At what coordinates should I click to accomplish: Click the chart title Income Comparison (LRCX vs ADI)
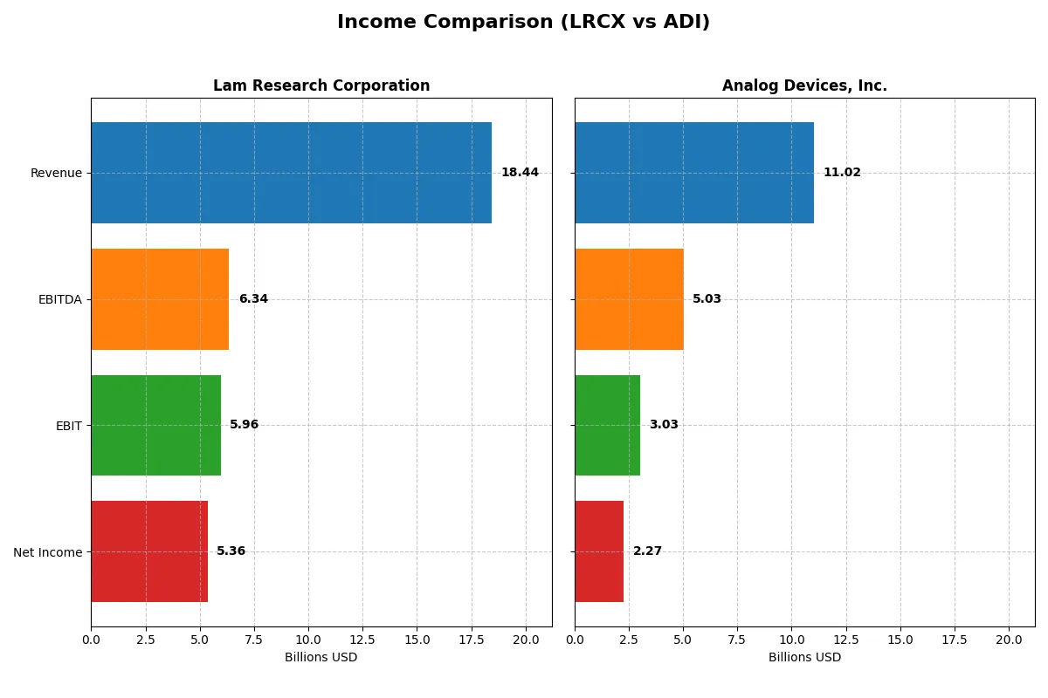(523, 23)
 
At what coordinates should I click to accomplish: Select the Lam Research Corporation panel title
(321, 86)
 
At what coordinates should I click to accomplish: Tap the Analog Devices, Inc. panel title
(804, 86)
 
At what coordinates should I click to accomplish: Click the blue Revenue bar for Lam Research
(291, 173)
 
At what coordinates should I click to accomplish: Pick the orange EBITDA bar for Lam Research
(160, 299)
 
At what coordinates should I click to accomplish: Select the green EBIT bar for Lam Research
(155, 425)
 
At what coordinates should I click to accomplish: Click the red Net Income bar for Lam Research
(149, 551)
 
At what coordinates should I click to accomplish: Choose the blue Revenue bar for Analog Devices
(694, 173)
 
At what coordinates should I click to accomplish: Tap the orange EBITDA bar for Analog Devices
(629, 299)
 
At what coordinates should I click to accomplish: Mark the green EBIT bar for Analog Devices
(607, 425)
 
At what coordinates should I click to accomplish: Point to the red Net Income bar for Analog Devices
(599, 551)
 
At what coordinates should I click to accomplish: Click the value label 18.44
(520, 173)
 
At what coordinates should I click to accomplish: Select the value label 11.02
(842, 173)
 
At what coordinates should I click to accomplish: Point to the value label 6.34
(253, 299)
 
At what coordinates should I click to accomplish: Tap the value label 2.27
(647, 551)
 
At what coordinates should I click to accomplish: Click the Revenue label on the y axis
(56, 173)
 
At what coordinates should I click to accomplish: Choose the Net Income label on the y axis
(48, 551)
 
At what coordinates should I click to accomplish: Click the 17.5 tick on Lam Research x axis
(472, 639)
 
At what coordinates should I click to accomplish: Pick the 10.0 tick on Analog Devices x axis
(791, 639)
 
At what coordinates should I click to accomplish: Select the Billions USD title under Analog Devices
(804, 657)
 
